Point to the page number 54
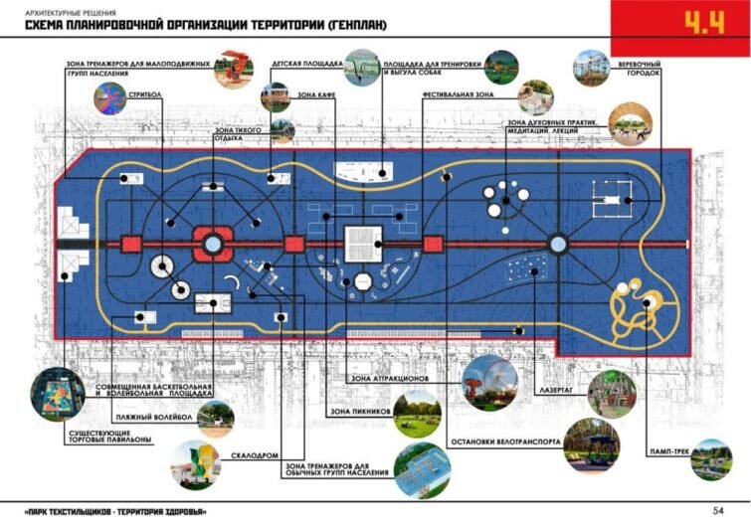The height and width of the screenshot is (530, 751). [x=717, y=511]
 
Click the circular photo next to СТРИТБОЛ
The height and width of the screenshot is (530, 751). [x=108, y=97]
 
